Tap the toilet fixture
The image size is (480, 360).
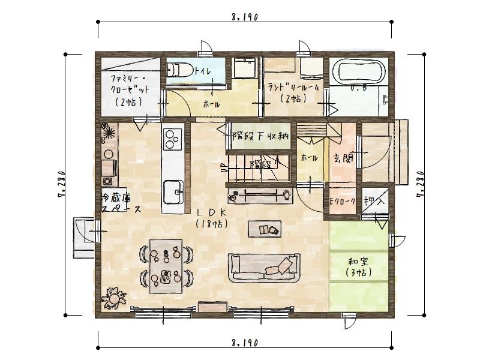[x=179, y=70]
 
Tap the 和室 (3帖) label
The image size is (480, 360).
[x=358, y=267]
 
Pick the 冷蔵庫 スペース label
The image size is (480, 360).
[x=119, y=203]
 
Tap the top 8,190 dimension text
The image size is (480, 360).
[x=244, y=18]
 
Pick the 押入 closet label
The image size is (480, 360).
[x=374, y=202]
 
